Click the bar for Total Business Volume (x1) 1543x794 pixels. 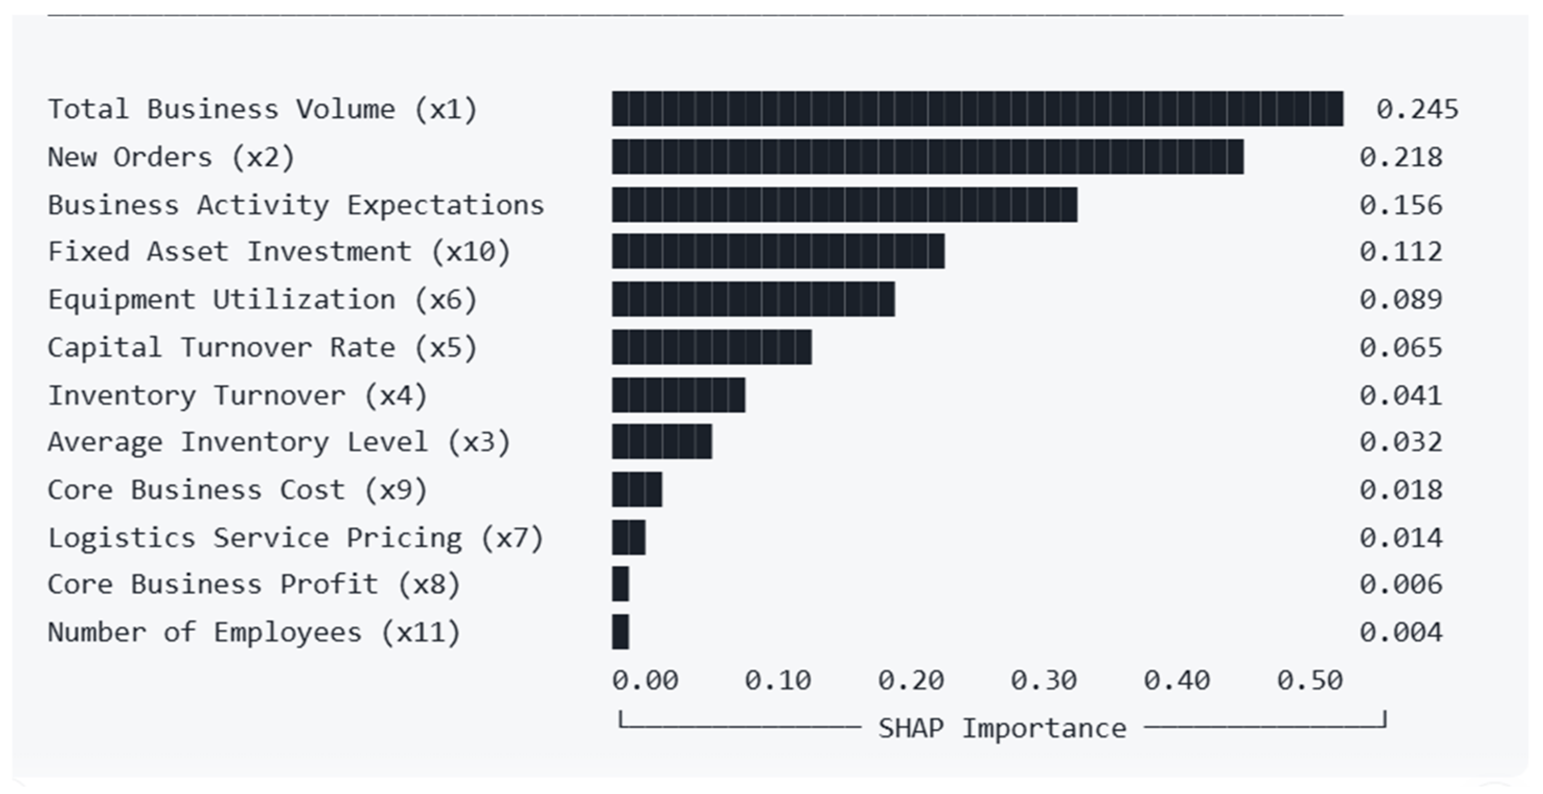[x=977, y=108]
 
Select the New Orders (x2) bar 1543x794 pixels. [x=928, y=157]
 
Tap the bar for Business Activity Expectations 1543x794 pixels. [x=845, y=205]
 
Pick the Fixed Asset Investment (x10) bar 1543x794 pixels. [x=778, y=251]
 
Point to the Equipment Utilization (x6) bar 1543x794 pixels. [x=754, y=299]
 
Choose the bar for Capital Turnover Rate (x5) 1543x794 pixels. [x=711, y=347]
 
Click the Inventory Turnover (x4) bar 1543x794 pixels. [x=678, y=395]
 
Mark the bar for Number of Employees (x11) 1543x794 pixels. [x=620, y=632]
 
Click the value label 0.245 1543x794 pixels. [x=1417, y=109]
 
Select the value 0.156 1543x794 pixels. [x=1401, y=205]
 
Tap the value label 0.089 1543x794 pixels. [x=1401, y=299]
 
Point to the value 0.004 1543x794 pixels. [x=1401, y=632]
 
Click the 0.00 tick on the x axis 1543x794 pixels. [x=645, y=680]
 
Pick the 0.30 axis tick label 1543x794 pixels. [x=1044, y=680]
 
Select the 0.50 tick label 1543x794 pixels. [x=1310, y=680]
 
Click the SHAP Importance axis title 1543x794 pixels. [x=1002, y=728]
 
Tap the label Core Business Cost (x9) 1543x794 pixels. [x=238, y=490]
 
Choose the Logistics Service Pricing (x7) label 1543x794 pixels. [x=296, y=538]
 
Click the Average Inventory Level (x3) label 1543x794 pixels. [x=279, y=442]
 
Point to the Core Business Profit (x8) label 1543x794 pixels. [x=255, y=584]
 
